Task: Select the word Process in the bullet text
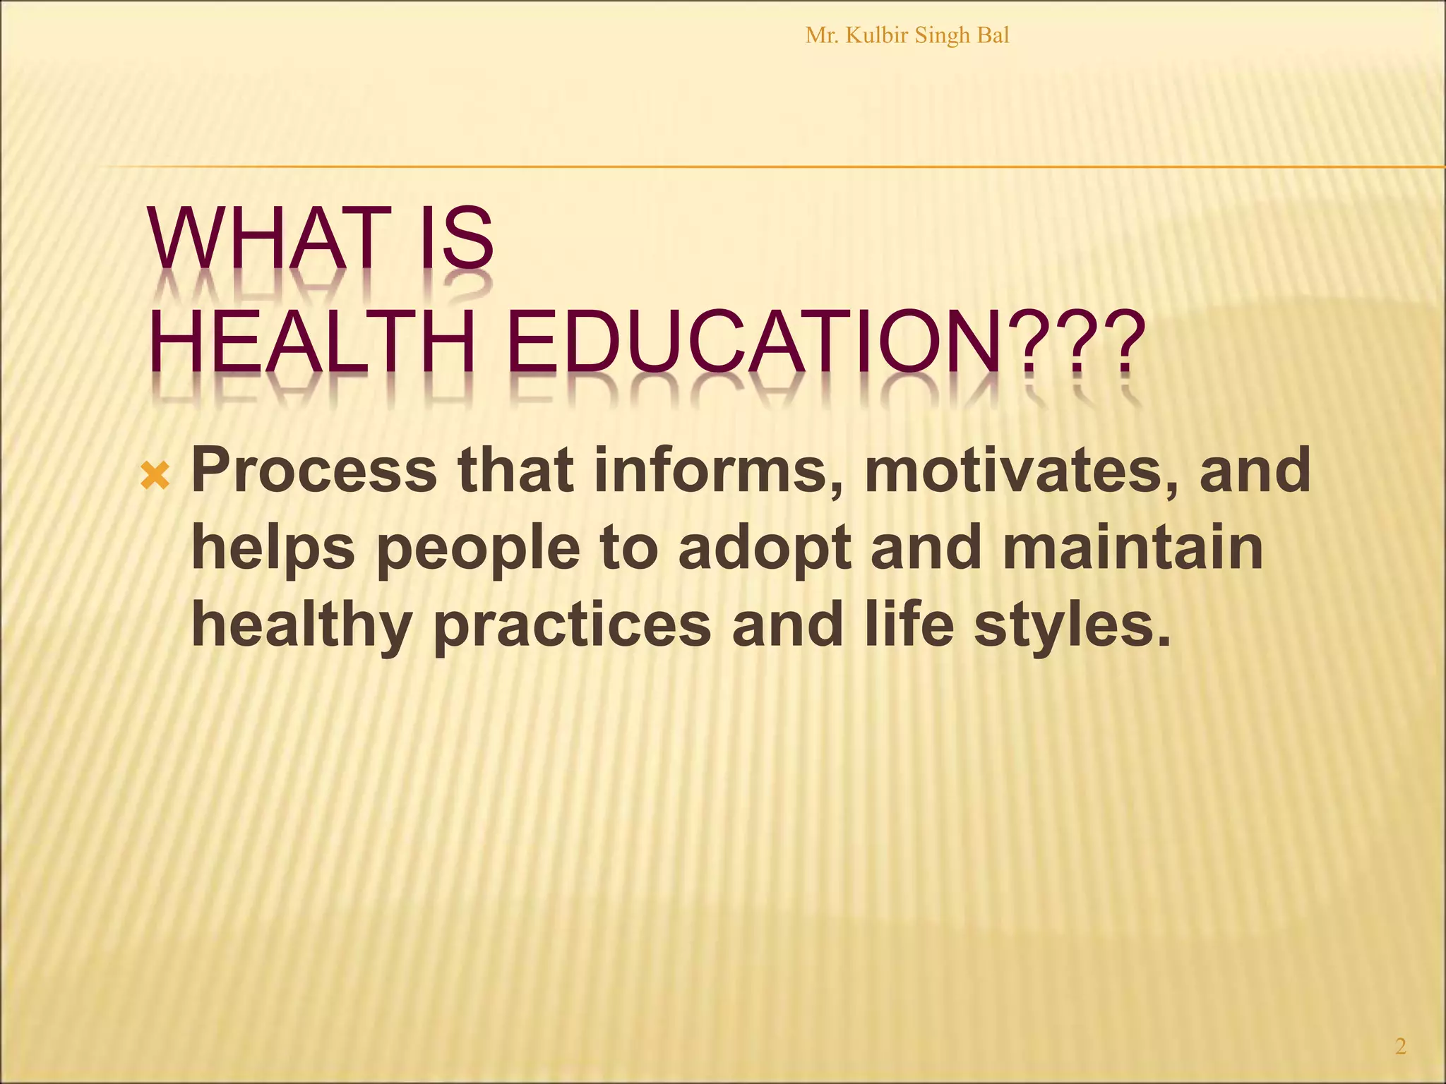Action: [x=314, y=471]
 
